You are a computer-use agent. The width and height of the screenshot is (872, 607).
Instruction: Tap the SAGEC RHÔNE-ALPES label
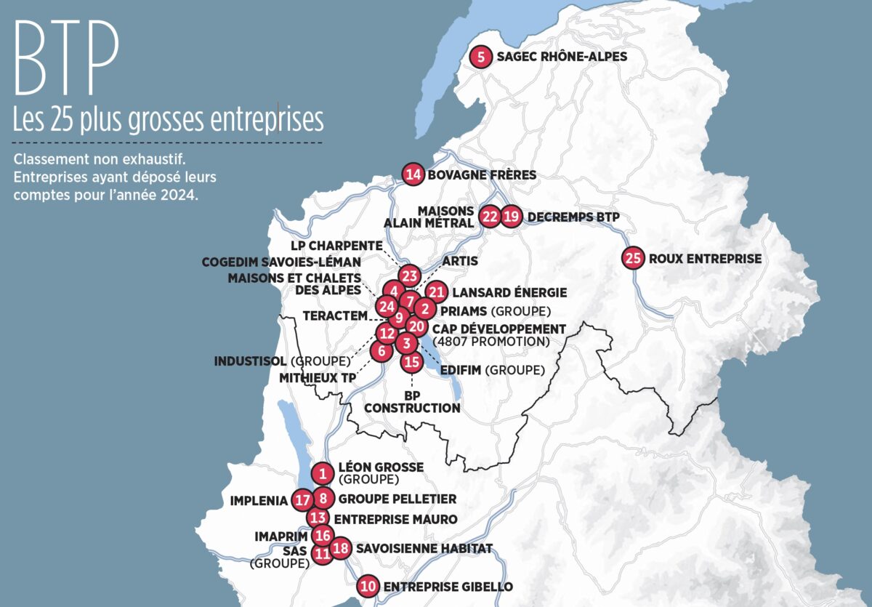pyautogui.click(x=561, y=57)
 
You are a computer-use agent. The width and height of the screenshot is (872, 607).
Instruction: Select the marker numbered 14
pyautogui.click(x=413, y=174)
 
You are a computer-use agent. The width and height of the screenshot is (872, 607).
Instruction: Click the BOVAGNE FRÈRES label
pyautogui.click(x=482, y=174)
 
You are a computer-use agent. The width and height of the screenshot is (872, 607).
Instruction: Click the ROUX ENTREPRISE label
pyautogui.click(x=705, y=258)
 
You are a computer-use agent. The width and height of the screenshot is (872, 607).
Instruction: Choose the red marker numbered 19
pyautogui.click(x=512, y=217)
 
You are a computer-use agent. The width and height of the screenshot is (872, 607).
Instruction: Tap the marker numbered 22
pyautogui.click(x=490, y=217)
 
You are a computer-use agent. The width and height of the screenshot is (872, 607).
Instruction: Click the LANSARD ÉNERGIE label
pyautogui.click(x=509, y=292)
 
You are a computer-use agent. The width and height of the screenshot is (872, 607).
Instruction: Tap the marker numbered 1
pyautogui.click(x=322, y=474)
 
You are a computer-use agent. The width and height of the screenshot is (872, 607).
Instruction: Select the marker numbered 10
pyautogui.click(x=369, y=586)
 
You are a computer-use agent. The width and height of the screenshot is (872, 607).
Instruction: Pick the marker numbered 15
pyautogui.click(x=412, y=361)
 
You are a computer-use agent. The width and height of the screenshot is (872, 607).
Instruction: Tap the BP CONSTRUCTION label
pyautogui.click(x=412, y=403)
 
